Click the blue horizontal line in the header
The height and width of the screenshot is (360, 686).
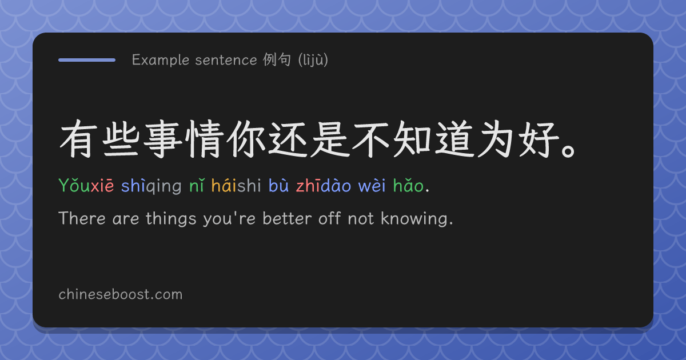pos(87,60)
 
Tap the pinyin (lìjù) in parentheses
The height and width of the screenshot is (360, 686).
pos(313,60)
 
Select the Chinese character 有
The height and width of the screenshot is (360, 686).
pos(77,139)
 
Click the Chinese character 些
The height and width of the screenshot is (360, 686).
pos(121,139)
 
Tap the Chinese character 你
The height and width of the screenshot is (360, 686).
pos(246,139)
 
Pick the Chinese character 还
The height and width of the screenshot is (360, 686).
pos(288,139)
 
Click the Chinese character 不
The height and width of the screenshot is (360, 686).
pos(371,139)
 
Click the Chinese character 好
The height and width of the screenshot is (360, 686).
pos(539,139)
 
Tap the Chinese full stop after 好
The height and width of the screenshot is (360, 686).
pos(568,151)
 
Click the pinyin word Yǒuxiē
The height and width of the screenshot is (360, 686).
pos(86,185)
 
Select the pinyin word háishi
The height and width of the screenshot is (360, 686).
pos(236,185)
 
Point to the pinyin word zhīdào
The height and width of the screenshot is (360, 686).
pos(324,185)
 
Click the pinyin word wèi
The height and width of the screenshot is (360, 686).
pos(372,185)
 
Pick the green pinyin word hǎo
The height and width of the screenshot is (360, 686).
pos(409,185)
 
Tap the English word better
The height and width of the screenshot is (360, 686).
pos(287,218)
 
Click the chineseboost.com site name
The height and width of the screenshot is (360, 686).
pos(121,294)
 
